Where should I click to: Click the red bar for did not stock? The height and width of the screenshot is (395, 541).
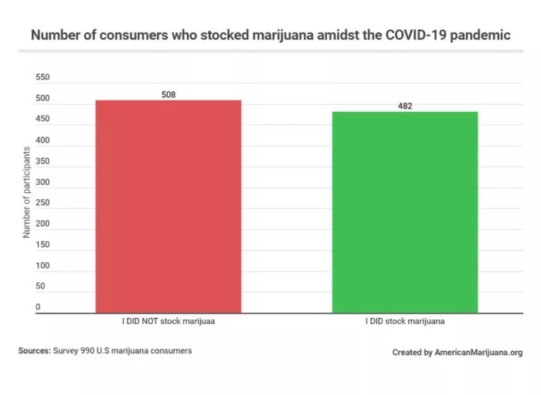(168, 206)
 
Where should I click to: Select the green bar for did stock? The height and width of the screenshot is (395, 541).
(405, 212)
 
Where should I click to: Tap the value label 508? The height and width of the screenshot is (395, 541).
(168, 94)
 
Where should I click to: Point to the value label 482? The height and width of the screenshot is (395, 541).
(405, 106)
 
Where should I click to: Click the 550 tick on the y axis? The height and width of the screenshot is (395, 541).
(42, 78)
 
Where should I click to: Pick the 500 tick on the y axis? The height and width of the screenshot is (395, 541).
(42, 99)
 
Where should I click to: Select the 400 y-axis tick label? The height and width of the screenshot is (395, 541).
(42, 140)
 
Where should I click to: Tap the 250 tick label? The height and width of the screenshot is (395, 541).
(42, 203)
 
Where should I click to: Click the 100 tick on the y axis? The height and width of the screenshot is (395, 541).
(42, 265)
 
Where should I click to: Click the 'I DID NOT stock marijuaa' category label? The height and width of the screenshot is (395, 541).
(168, 321)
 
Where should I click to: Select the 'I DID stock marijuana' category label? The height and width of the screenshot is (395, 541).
(405, 321)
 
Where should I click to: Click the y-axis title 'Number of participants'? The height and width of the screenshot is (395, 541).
(26, 193)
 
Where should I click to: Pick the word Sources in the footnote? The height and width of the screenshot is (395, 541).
(34, 351)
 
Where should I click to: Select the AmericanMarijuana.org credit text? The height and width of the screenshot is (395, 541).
(478, 353)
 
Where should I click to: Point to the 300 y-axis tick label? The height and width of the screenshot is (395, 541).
(42, 182)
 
